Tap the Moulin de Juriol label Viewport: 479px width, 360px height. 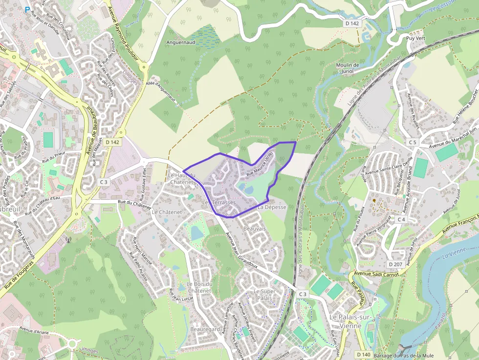[348, 68]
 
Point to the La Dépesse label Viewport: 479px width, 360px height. [272, 207]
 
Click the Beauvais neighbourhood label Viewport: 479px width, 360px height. [254, 229]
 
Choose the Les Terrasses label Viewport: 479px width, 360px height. [219, 202]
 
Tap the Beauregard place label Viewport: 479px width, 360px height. [204, 330]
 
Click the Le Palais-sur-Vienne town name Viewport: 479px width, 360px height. [352, 321]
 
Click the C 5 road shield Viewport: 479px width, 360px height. [414, 142]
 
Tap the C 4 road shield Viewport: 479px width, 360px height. [401, 219]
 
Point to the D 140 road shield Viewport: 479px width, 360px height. [363, 354]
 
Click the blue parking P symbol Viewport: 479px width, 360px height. [27, 9]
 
